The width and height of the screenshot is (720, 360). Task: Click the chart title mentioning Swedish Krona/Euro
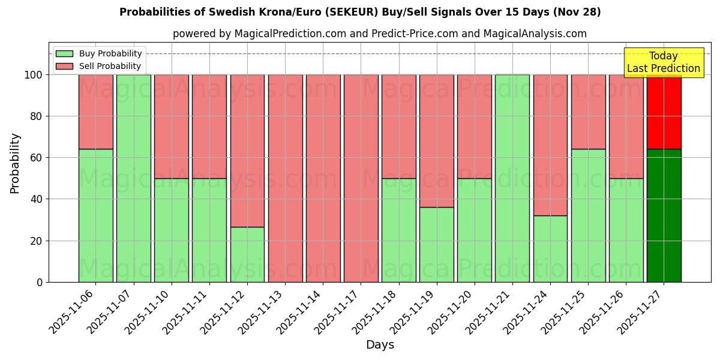click(360, 12)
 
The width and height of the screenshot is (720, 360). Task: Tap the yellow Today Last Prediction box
click(663, 62)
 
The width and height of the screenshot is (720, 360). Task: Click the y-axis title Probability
click(15, 163)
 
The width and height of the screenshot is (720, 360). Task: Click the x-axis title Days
click(380, 345)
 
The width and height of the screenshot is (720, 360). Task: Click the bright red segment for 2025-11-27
click(664, 112)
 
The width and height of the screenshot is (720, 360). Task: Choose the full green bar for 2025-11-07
click(133, 178)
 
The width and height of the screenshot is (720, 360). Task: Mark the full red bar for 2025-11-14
click(323, 178)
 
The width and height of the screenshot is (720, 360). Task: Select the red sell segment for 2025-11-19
click(436, 141)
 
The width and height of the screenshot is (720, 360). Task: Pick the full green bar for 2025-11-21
click(512, 178)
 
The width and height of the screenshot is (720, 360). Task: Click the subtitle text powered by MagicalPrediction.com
click(380, 34)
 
